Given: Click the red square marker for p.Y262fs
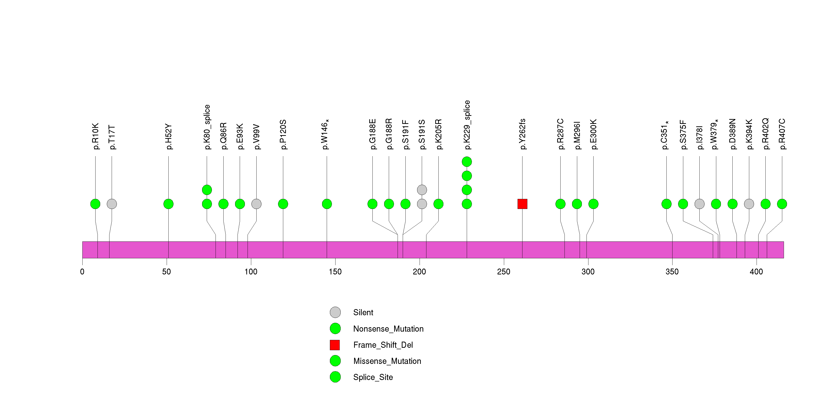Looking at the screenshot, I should [522, 204].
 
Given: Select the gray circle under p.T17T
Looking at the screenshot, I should [112, 204].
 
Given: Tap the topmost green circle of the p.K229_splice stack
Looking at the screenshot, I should [467, 162].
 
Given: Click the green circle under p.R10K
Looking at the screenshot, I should [96, 204].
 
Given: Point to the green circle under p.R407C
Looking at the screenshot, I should [782, 204].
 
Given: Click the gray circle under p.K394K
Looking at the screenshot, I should [749, 204].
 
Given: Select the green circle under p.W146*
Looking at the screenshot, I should [327, 204].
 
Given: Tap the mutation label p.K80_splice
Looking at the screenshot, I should [207, 127].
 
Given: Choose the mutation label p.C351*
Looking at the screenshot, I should [665, 135].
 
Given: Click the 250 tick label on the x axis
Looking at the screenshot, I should [504, 272].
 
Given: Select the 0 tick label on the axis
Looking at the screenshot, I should [82, 272].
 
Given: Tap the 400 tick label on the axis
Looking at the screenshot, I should [757, 272].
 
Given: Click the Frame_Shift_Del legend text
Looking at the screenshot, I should [383, 345].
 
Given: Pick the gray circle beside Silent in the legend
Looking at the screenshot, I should [335, 313].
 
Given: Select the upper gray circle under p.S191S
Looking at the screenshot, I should [422, 190].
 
